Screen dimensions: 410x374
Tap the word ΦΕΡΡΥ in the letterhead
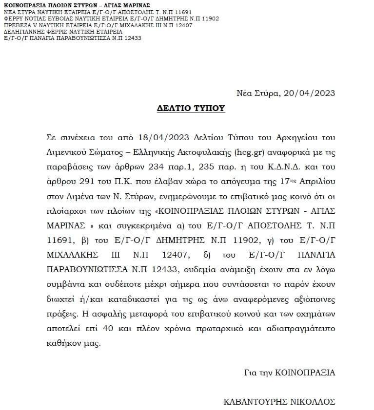tap(12, 19)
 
